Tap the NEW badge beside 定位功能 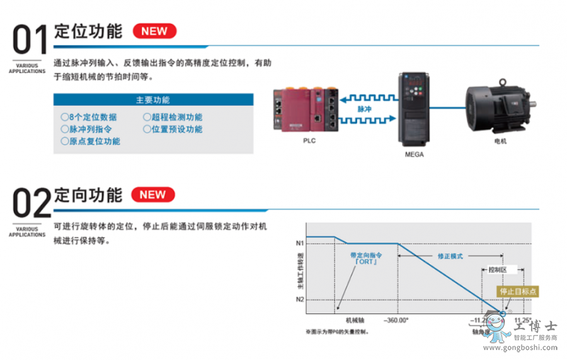click(154, 31)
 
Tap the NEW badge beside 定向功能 click(152, 194)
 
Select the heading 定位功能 click(88, 31)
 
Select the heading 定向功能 click(88, 194)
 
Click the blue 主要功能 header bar click(153, 100)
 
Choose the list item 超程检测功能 click(173, 117)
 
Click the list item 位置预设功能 click(173, 129)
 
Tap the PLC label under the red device click(309, 141)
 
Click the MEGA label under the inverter click(414, 154)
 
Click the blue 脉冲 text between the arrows click(364, 108)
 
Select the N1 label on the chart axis click(300, 243)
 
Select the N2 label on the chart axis click(300, 299)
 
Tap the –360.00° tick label click(396, 319)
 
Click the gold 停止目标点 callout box click(517, 291)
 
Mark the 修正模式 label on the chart click(450, 257)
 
